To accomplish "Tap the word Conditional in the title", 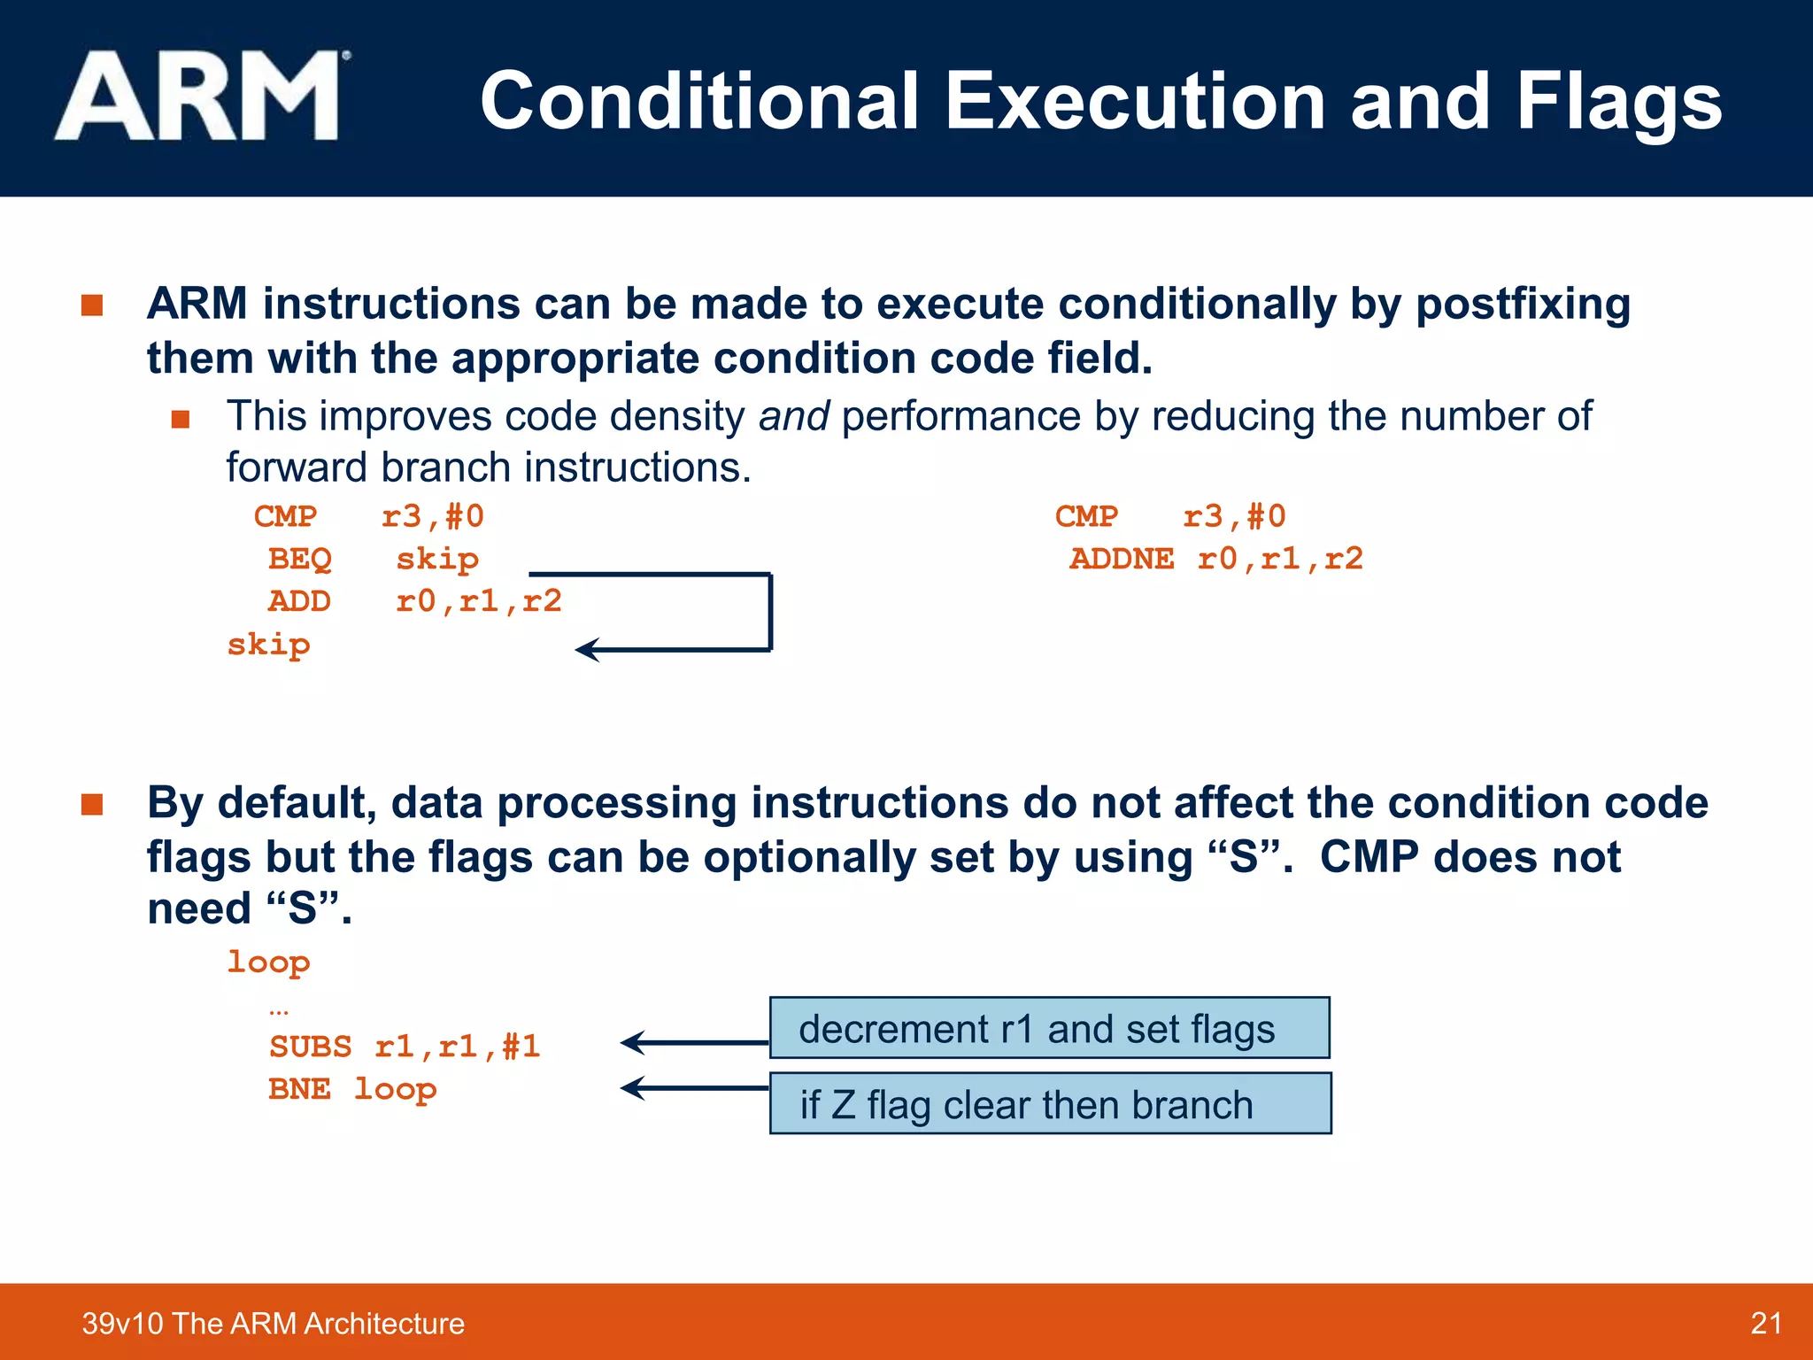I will point(700,103).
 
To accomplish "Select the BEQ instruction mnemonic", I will point(300,560).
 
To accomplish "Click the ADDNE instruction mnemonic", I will point(1122,560).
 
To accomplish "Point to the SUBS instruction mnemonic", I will point(311,1047).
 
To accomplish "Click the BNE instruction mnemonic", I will point(300,1089).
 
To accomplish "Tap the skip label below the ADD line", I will point(268,645).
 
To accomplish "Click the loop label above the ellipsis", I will point(268,962).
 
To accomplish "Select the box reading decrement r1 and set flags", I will point(1049,1029).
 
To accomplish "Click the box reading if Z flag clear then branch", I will point(1050,1104).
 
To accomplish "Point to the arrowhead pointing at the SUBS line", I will point(630,1043).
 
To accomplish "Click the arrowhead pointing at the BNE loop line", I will point(630,1087).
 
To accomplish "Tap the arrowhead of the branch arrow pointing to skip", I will point(586,650).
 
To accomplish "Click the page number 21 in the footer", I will point(1766,1324).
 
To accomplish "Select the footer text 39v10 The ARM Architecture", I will point(273,1324).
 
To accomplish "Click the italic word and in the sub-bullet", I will point(793,416).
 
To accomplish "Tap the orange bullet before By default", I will point(92,804).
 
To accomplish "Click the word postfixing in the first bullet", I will point(1523,305).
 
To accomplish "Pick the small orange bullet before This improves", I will point(181,419).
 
